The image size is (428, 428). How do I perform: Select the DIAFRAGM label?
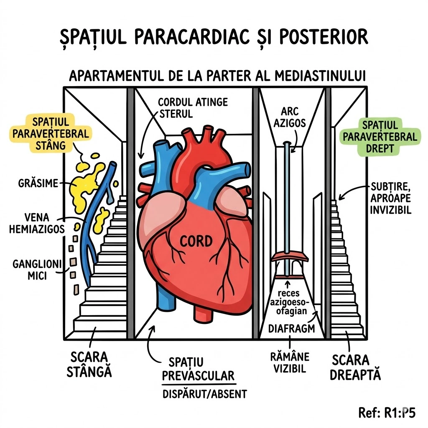(292, 329)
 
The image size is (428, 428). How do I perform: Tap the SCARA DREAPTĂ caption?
(355, 367)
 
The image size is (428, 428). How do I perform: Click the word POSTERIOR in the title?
(321, 37)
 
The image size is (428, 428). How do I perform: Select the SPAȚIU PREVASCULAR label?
(198, 369)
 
